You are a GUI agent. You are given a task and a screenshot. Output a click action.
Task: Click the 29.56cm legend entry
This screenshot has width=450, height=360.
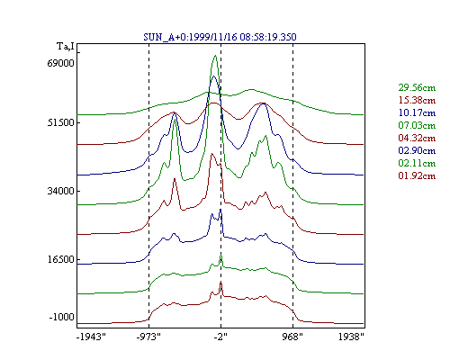click(x=417, y=87)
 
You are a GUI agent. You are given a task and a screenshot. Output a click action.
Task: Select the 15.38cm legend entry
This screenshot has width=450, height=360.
click(x=417, y=100)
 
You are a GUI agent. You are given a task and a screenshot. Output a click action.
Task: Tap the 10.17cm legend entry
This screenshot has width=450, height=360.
click(x=417, y=112)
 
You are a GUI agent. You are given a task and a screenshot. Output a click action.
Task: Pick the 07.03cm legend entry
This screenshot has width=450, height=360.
click(x=417, y=125)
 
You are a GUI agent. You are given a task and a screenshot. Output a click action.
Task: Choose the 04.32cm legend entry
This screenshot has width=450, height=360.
click(x=417, y=138)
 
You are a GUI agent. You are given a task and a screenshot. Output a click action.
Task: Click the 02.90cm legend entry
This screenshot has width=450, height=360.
click(x=417, y=150)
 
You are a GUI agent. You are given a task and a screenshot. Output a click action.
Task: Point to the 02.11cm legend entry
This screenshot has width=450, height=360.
click(x=417, y=163)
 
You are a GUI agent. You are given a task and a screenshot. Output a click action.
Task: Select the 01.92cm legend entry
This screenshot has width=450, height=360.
click(x=417, y=175)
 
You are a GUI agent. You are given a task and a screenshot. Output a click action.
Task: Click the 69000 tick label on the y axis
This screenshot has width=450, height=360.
click(x=60, y=63)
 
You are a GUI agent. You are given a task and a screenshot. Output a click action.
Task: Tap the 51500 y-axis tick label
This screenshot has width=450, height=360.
click(x=60, y=122)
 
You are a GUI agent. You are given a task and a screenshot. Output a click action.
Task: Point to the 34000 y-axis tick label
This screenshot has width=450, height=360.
click(x=60, y=191)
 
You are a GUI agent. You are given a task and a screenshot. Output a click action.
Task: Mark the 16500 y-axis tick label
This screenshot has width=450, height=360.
click(x=60, y=259)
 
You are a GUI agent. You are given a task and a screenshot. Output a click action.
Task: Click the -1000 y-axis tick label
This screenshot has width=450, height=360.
click(x=61, y=317)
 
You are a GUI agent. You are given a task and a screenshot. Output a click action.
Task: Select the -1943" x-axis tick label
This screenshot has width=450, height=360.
click(x=91, y=337)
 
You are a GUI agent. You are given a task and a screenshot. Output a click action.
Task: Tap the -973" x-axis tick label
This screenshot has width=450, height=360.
click(x=148, y=337)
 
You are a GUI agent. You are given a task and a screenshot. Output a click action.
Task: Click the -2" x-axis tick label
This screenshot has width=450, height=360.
click(x=220, y=337)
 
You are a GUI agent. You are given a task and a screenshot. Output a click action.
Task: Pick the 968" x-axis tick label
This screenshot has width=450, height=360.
click(x=292, y=337)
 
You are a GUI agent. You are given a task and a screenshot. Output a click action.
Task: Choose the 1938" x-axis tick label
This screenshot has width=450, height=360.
click(x=351, y=337)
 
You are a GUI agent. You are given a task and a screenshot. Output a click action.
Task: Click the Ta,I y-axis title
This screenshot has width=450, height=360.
click(x=66, y=47)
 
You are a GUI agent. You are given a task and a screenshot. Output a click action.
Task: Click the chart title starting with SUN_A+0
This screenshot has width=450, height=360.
click(x=220, y=37)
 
